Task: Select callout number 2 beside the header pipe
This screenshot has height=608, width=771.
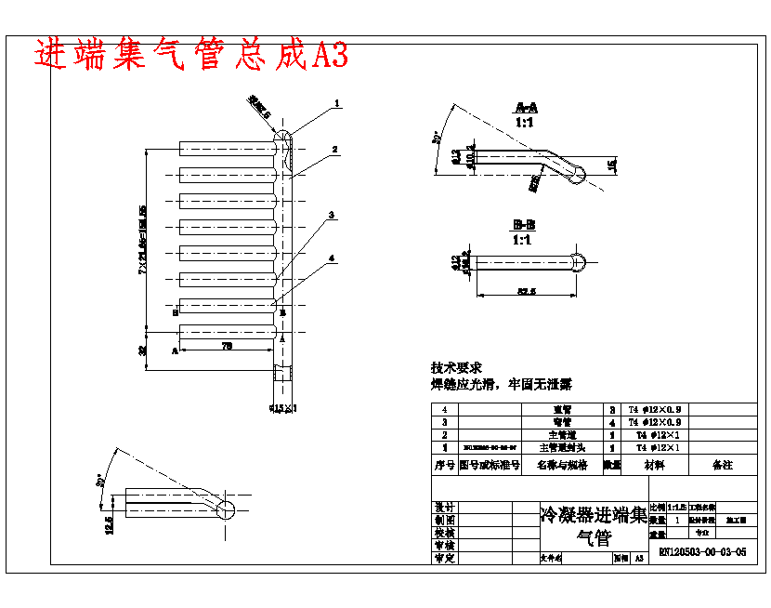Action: (335, 149)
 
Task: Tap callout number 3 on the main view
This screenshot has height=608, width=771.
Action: (332, 215)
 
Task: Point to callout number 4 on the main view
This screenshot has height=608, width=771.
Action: (332, 258)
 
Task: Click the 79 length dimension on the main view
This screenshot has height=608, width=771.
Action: (227, 346)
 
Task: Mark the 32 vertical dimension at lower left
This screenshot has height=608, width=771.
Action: (143, 350)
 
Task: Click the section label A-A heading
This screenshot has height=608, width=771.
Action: (525, 108)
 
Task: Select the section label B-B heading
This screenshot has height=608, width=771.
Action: (524, 225)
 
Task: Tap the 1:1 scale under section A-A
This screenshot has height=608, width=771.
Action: (525, 122)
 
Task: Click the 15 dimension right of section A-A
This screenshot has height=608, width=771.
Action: (611, 165)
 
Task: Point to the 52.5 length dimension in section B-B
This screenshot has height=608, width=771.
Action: (526, 292)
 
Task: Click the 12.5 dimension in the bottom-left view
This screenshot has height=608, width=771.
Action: (110, 525)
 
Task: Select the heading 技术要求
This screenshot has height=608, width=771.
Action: (456, 368)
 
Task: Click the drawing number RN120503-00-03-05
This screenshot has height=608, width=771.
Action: (702, 552)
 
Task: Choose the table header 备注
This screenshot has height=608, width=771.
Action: (722, 464)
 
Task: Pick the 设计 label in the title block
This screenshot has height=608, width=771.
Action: (444, 508)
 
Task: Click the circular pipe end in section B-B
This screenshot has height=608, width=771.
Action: (579, 263)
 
